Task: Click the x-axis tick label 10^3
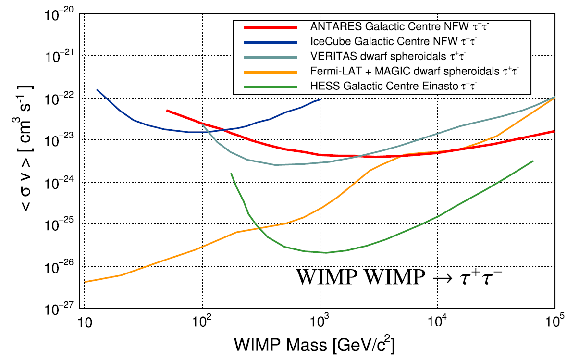coord(320,323)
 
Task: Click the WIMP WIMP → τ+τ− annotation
coord(399,278)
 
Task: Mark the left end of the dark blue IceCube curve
coord(97,90)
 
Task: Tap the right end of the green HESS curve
coord(533,161)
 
